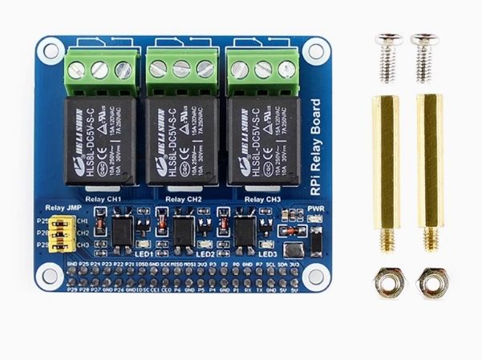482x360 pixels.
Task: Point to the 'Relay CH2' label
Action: point(182,198)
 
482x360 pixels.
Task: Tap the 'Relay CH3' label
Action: point(262,198)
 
